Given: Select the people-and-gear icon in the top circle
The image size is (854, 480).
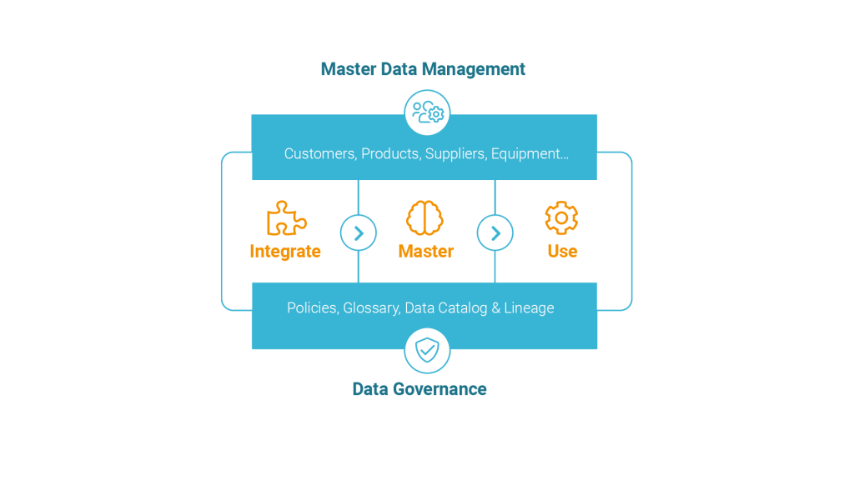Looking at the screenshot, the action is (428, 112).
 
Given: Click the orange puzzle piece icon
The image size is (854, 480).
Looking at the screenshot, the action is (287, 218).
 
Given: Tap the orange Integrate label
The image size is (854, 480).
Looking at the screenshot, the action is (285, 251).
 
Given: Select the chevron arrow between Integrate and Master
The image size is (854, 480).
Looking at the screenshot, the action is (359, 233).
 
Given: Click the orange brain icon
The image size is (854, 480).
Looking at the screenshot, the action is (424, 217).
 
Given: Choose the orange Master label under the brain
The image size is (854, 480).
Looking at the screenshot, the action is (426, 251).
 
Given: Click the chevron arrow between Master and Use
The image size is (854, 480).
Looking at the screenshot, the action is (495, 233).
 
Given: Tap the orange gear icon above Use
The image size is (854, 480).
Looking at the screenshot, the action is (561, 217).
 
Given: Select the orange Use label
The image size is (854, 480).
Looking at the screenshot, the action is (562, 251).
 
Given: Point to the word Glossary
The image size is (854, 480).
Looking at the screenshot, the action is (372, 308).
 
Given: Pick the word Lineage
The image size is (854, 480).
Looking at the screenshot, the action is (529, 308).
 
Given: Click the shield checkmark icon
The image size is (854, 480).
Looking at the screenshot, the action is (427, 350).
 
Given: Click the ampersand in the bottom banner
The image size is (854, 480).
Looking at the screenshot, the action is (495, 308).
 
